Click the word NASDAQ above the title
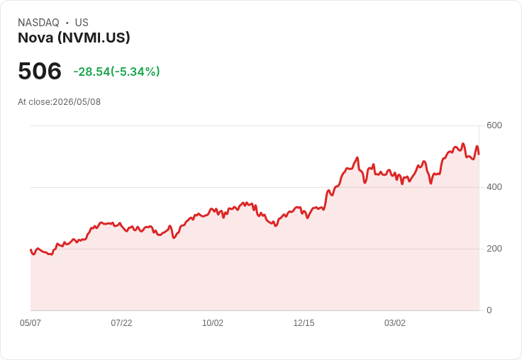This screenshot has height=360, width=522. coord(38,23)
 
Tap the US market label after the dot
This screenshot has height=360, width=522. coord(82,23)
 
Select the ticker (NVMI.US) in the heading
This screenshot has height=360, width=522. coord(94,38)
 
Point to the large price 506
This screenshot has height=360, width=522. coord(40,71)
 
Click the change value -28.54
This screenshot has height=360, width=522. coord(92,72)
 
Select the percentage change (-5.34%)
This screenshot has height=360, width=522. coord(135,72)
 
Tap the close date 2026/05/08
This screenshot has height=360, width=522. coord(77,102)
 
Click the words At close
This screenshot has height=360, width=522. coord(34,102)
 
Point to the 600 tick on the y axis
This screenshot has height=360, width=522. coord(494,125)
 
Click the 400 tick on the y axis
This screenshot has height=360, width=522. coord(494,187)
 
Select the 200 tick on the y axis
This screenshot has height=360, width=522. coord(494,249)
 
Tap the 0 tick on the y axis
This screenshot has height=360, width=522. coord(489,310)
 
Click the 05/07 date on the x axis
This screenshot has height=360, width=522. coord(30,323)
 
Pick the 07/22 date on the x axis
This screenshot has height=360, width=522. coord(121,323)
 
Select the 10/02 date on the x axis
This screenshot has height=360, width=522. coord(213,323)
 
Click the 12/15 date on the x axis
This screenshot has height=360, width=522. coord(304,323)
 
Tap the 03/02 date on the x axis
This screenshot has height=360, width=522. coord(395,323)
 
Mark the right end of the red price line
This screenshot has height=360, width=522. coord(479,154)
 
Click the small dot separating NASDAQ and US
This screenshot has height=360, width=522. coord(67,23)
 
